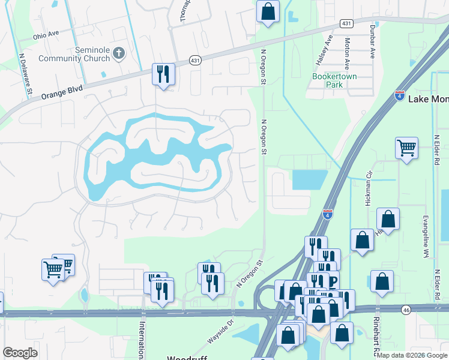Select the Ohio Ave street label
[47, 35]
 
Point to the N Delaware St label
[25, 74]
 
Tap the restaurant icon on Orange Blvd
[163, 74]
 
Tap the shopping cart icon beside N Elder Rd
[406, 147]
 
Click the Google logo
[20, 353]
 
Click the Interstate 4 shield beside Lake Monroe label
[399, 95]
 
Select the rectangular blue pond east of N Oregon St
[309, 179]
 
